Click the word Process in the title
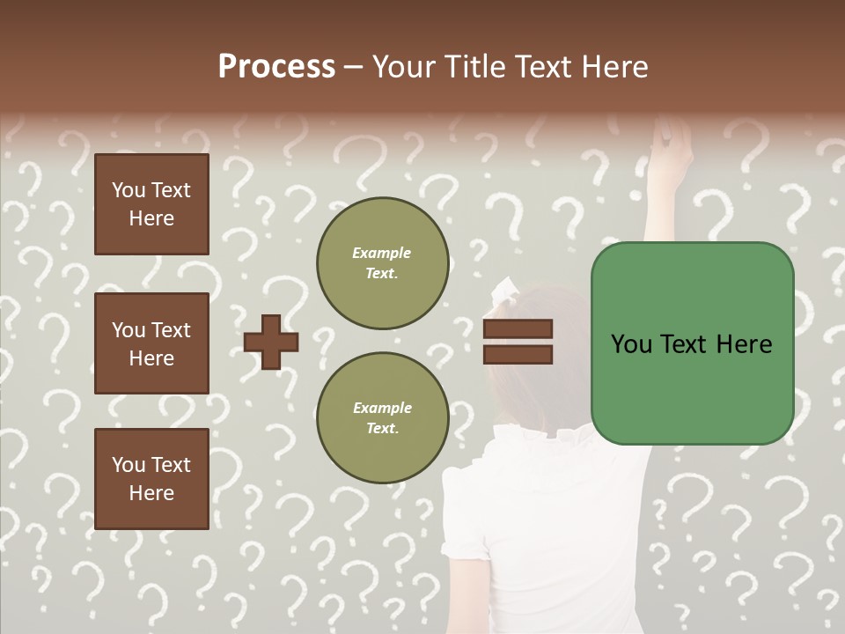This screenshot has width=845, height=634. pyautogui.click(x=276, y=67)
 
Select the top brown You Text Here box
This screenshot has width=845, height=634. pyautogui.click(x=151, y=204)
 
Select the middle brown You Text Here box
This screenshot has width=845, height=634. pyautogui.click(x=151, y=343)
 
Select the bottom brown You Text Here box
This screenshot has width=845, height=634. pyautogui.click(x=151, y=478)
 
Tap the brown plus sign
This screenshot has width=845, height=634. pyautogui.click(x=271, y=342)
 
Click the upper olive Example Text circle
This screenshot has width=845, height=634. pyautogui.click(x=382, y=262)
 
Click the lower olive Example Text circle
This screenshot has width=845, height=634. pyautogui.click(x=382, y=417)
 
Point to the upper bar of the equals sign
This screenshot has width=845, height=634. pyautogui.click(x=518, y=329)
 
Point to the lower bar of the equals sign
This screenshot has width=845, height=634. pyautogui.click(x=518, y=354)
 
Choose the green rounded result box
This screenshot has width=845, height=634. pyautogui.click(x=692, y=343)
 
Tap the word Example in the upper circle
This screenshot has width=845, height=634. pyautogui.click(x=382, y=253)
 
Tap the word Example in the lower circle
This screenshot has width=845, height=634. pyautogui.click(x=382, y=408)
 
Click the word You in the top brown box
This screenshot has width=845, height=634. pyautogui.click(x=129, y=190)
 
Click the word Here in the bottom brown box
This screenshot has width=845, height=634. pyautogui.click(x=151, y=493)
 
